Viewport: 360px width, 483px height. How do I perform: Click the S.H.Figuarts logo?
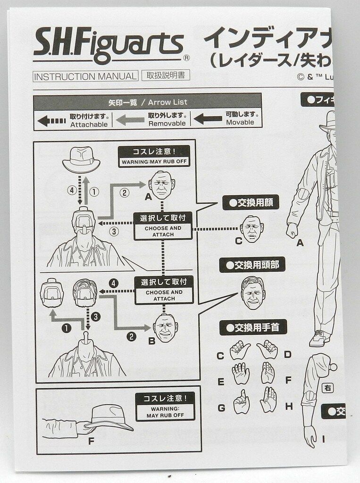[108, 46]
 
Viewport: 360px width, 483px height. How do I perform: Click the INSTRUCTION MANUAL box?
[85, 76]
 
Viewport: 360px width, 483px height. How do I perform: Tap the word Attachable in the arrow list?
[89, 125]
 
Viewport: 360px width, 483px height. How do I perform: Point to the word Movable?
[240, 122]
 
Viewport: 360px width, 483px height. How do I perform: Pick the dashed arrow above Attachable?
[51, 121]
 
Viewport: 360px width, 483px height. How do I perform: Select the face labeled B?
[165, 327]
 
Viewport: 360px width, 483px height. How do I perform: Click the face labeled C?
[251, 229]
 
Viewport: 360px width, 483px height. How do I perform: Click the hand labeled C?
[240, 351]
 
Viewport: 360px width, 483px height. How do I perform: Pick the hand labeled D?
[267, 350]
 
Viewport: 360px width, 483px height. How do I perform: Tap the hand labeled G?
[241, 402]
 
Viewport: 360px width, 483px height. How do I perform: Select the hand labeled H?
[268, 400]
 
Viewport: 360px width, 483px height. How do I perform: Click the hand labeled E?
[241, 374]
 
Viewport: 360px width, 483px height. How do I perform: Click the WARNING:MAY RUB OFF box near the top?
[154, 156]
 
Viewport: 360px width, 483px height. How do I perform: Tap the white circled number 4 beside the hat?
[71, 191]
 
